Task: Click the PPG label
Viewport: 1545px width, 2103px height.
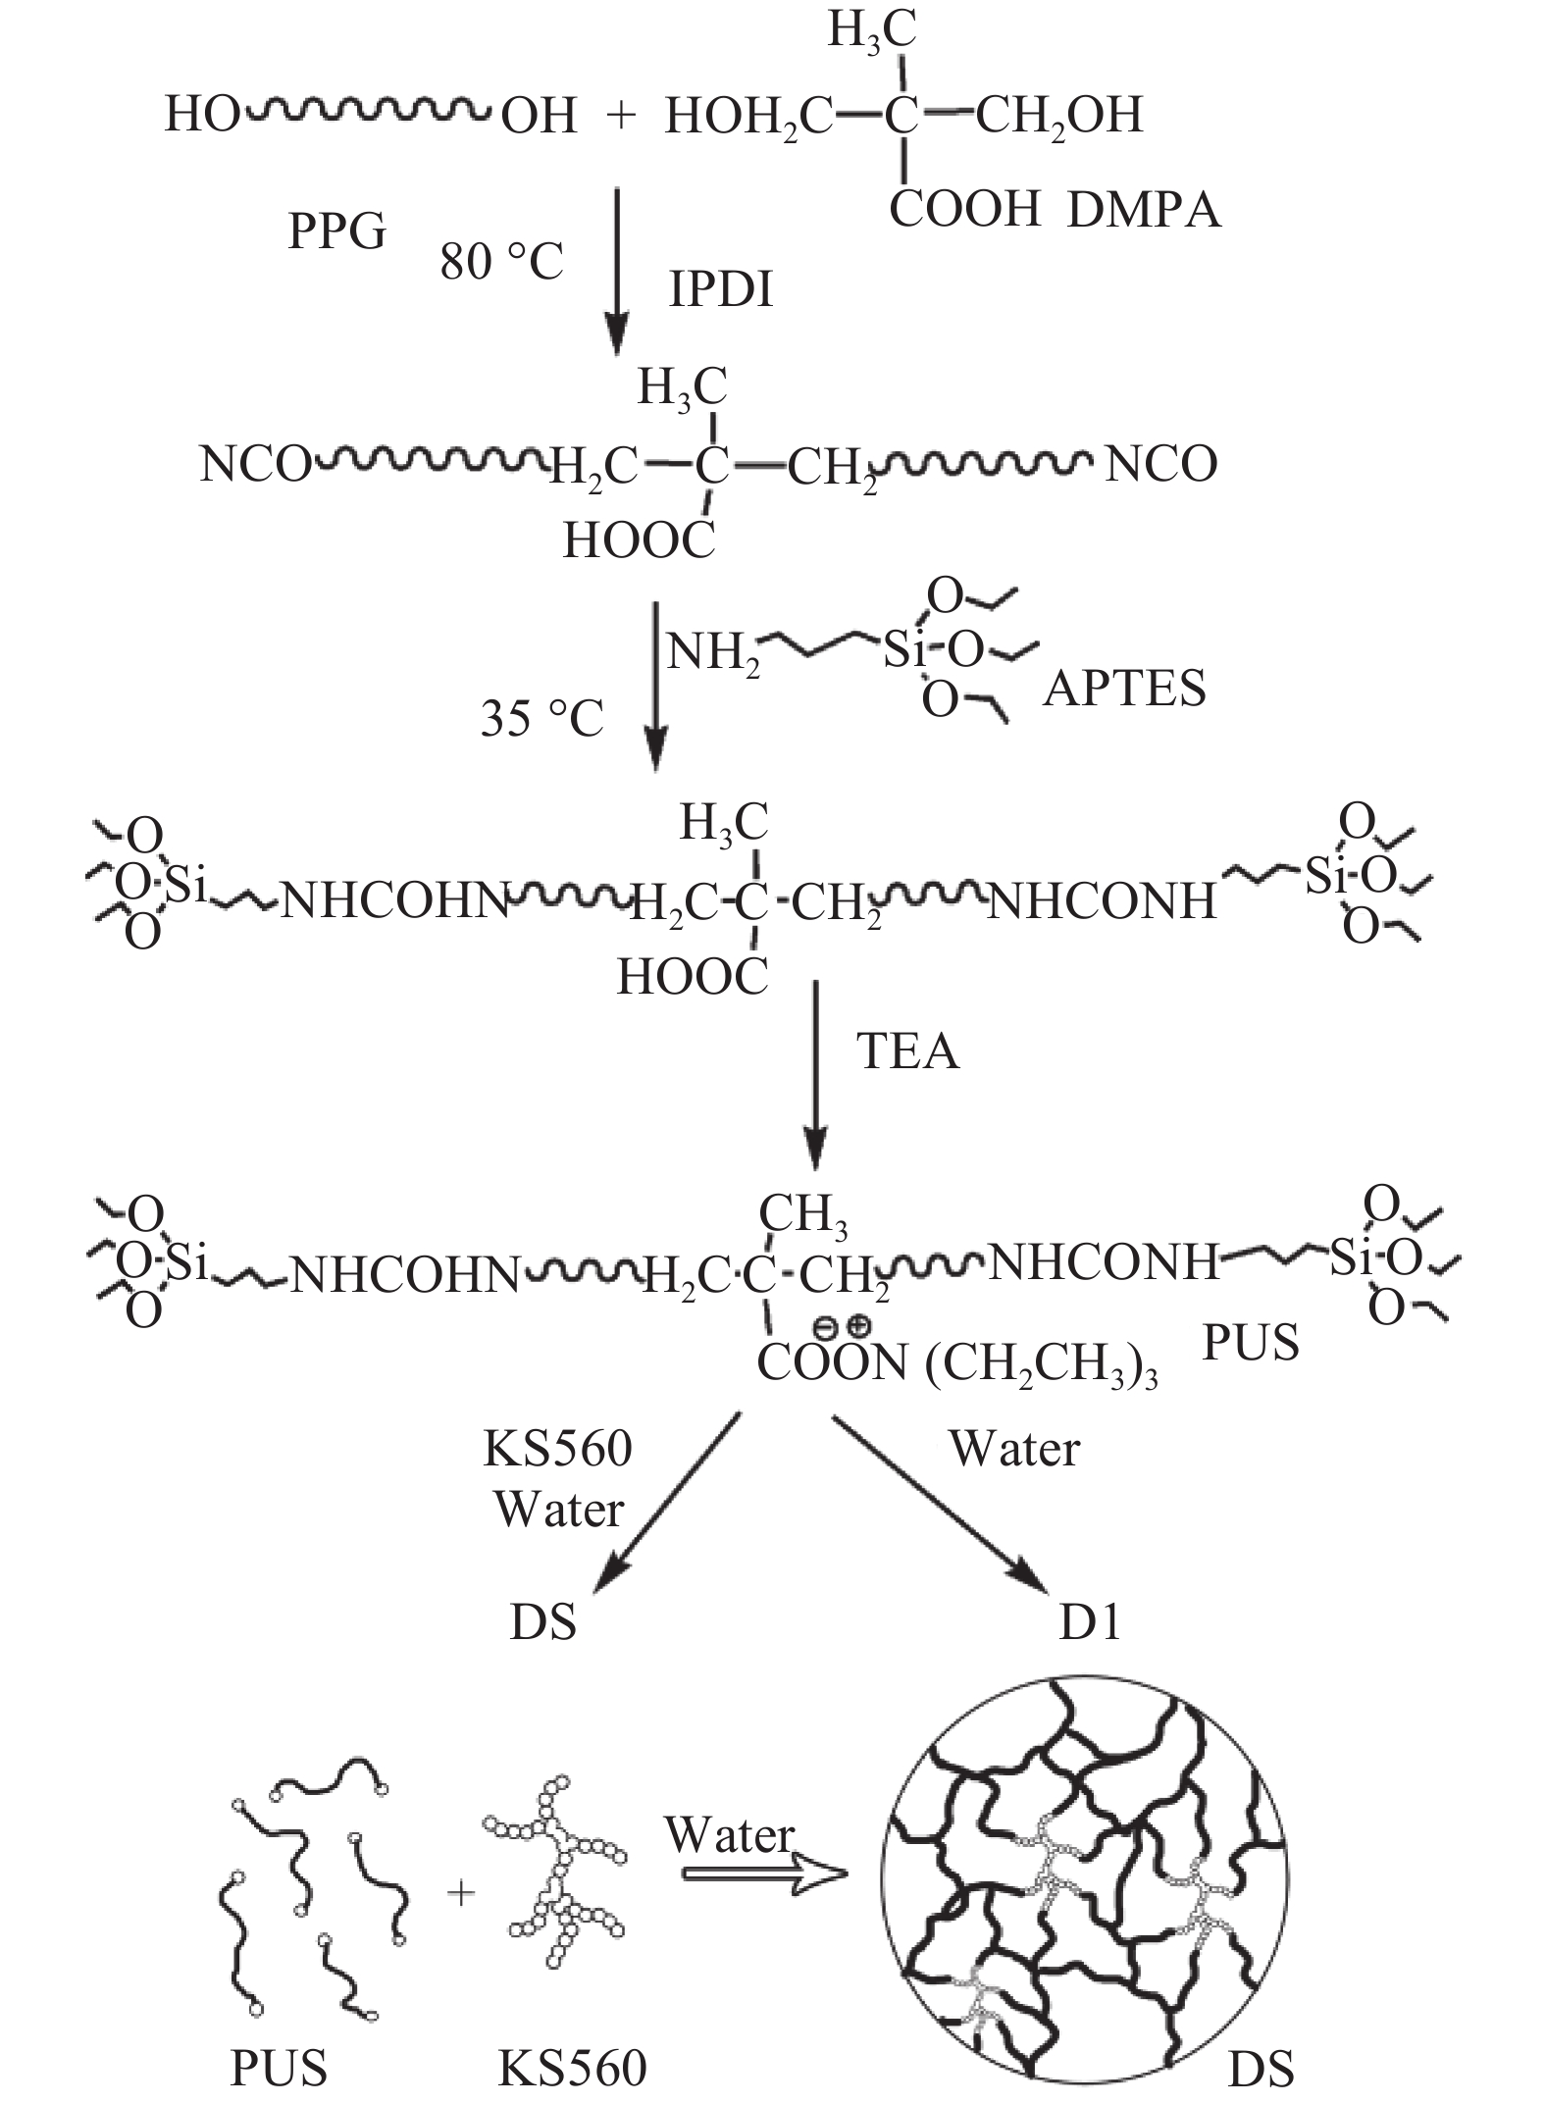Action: coord(336,232)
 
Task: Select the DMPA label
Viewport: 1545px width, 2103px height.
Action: coord(1144,210)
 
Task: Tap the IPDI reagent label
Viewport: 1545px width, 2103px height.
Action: coord(721,289)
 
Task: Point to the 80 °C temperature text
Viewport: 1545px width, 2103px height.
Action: coord(502,262)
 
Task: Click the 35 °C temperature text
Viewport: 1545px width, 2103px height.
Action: coord(541,718)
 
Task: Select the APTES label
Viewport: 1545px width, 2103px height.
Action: coord(1124,689)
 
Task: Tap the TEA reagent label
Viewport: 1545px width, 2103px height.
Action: coord(907,1051)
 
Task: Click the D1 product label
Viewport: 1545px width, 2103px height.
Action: coord(1090,1623)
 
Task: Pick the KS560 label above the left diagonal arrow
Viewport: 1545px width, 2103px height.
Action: coord(558,1449)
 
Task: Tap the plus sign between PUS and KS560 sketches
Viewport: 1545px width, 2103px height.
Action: coord(460,1892)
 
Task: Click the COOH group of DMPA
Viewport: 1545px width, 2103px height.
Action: coord(964,209)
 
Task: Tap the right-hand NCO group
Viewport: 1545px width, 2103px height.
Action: coord(1160,463)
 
